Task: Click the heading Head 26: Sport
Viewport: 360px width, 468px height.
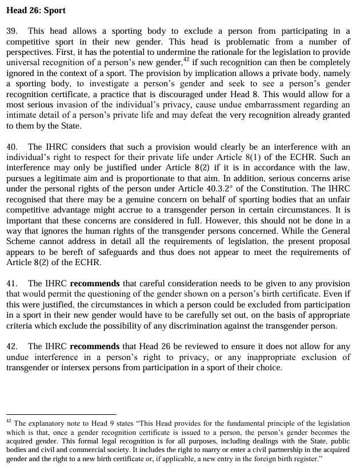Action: coord(36,10)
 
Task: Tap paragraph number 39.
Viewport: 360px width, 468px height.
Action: coord(12,31)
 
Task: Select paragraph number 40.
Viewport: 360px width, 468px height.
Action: coord(12,147)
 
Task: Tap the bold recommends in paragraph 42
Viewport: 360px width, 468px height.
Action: coord(95,346)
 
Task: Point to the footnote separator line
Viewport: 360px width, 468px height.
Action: coord(61,414)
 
